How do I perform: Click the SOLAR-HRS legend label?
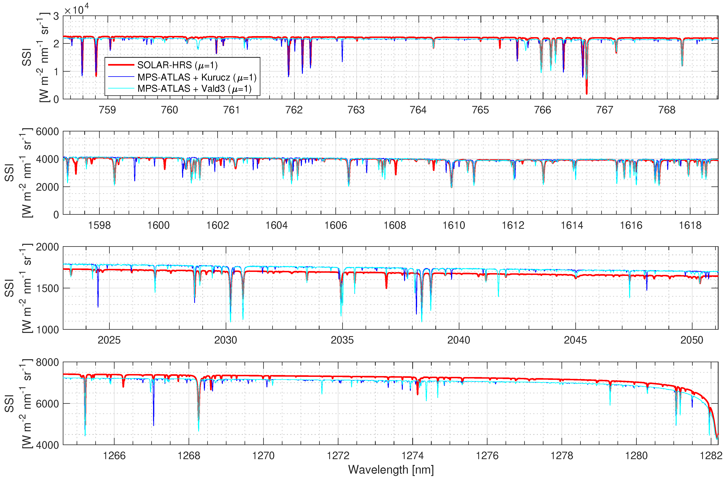click(177, 65)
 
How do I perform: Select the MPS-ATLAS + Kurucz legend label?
click(197, 77)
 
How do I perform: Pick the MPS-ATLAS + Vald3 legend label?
click(194, 88)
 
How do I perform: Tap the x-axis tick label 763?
click(356, 110)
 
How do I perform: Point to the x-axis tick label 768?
click(667, 110)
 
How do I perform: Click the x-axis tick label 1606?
click(336, 225)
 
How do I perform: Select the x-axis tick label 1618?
click(690, 225)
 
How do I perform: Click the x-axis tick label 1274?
click(413, 456)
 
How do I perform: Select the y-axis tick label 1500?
click(47, 288)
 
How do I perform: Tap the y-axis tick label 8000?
click(47, 363)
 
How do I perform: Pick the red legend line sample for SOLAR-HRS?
click(121, 65)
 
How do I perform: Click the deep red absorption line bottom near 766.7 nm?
click(587, 93)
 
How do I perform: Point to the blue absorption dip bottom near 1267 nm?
click(153, 425)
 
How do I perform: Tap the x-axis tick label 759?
click(108, 110)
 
